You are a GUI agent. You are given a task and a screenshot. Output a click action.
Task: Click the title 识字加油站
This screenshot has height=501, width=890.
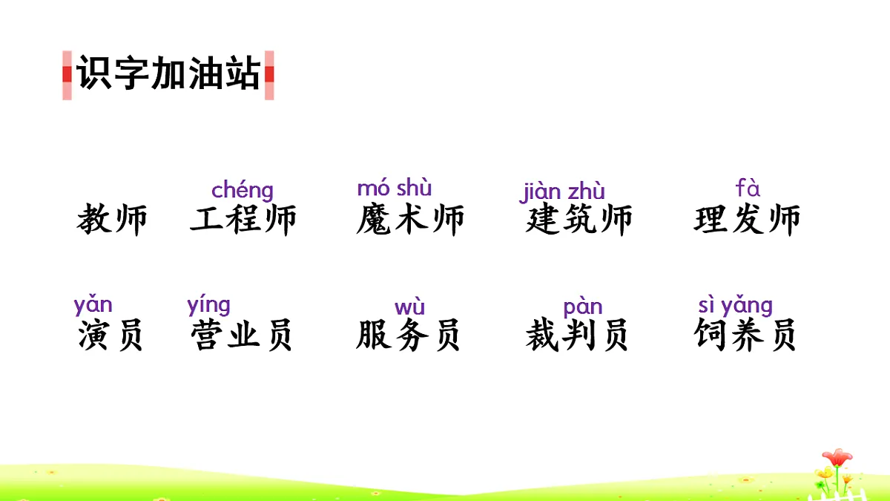click(168, 74)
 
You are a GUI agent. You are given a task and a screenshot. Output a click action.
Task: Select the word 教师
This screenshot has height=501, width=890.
click(112, 220)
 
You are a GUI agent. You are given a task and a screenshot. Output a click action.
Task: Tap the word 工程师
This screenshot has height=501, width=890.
click(243, 220)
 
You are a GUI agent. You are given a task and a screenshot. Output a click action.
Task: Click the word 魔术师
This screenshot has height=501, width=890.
click(410, 220)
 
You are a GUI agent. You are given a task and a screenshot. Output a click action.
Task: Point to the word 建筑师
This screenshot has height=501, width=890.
click(579, 220)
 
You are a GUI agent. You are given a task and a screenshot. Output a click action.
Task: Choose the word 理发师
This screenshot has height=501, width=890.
click(747, 220)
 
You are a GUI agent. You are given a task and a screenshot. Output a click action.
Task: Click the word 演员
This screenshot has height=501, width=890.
click(111, 335)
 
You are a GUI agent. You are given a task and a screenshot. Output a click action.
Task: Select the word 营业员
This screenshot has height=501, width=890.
click(242, 335)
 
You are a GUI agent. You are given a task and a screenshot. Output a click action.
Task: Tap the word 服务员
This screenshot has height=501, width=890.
click(408, 335)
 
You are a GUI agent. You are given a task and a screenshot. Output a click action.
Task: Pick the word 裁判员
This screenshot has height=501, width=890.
click(577, 335)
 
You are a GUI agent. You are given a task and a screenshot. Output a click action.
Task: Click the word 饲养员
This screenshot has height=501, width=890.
click(745, 335)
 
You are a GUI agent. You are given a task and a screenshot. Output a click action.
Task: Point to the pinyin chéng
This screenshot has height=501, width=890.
click(243, 191)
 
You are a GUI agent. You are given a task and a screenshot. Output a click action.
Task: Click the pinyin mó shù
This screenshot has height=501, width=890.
click(395, 188)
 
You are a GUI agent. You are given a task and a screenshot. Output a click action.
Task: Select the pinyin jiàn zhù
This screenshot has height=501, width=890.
click(562, 191)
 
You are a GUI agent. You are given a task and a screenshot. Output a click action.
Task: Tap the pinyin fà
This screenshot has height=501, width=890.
click(748, 189)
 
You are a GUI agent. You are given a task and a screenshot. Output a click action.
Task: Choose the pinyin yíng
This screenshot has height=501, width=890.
click(209, 305)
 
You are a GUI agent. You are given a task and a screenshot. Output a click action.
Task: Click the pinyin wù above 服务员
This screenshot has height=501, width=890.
click(409, 307)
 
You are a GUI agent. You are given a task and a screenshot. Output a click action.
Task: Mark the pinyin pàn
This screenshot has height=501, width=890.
click(583, 307)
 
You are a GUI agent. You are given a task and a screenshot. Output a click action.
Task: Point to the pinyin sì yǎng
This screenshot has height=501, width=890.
click(735, 305)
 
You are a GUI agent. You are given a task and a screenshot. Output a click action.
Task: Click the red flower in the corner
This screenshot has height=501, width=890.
click(837, 457)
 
